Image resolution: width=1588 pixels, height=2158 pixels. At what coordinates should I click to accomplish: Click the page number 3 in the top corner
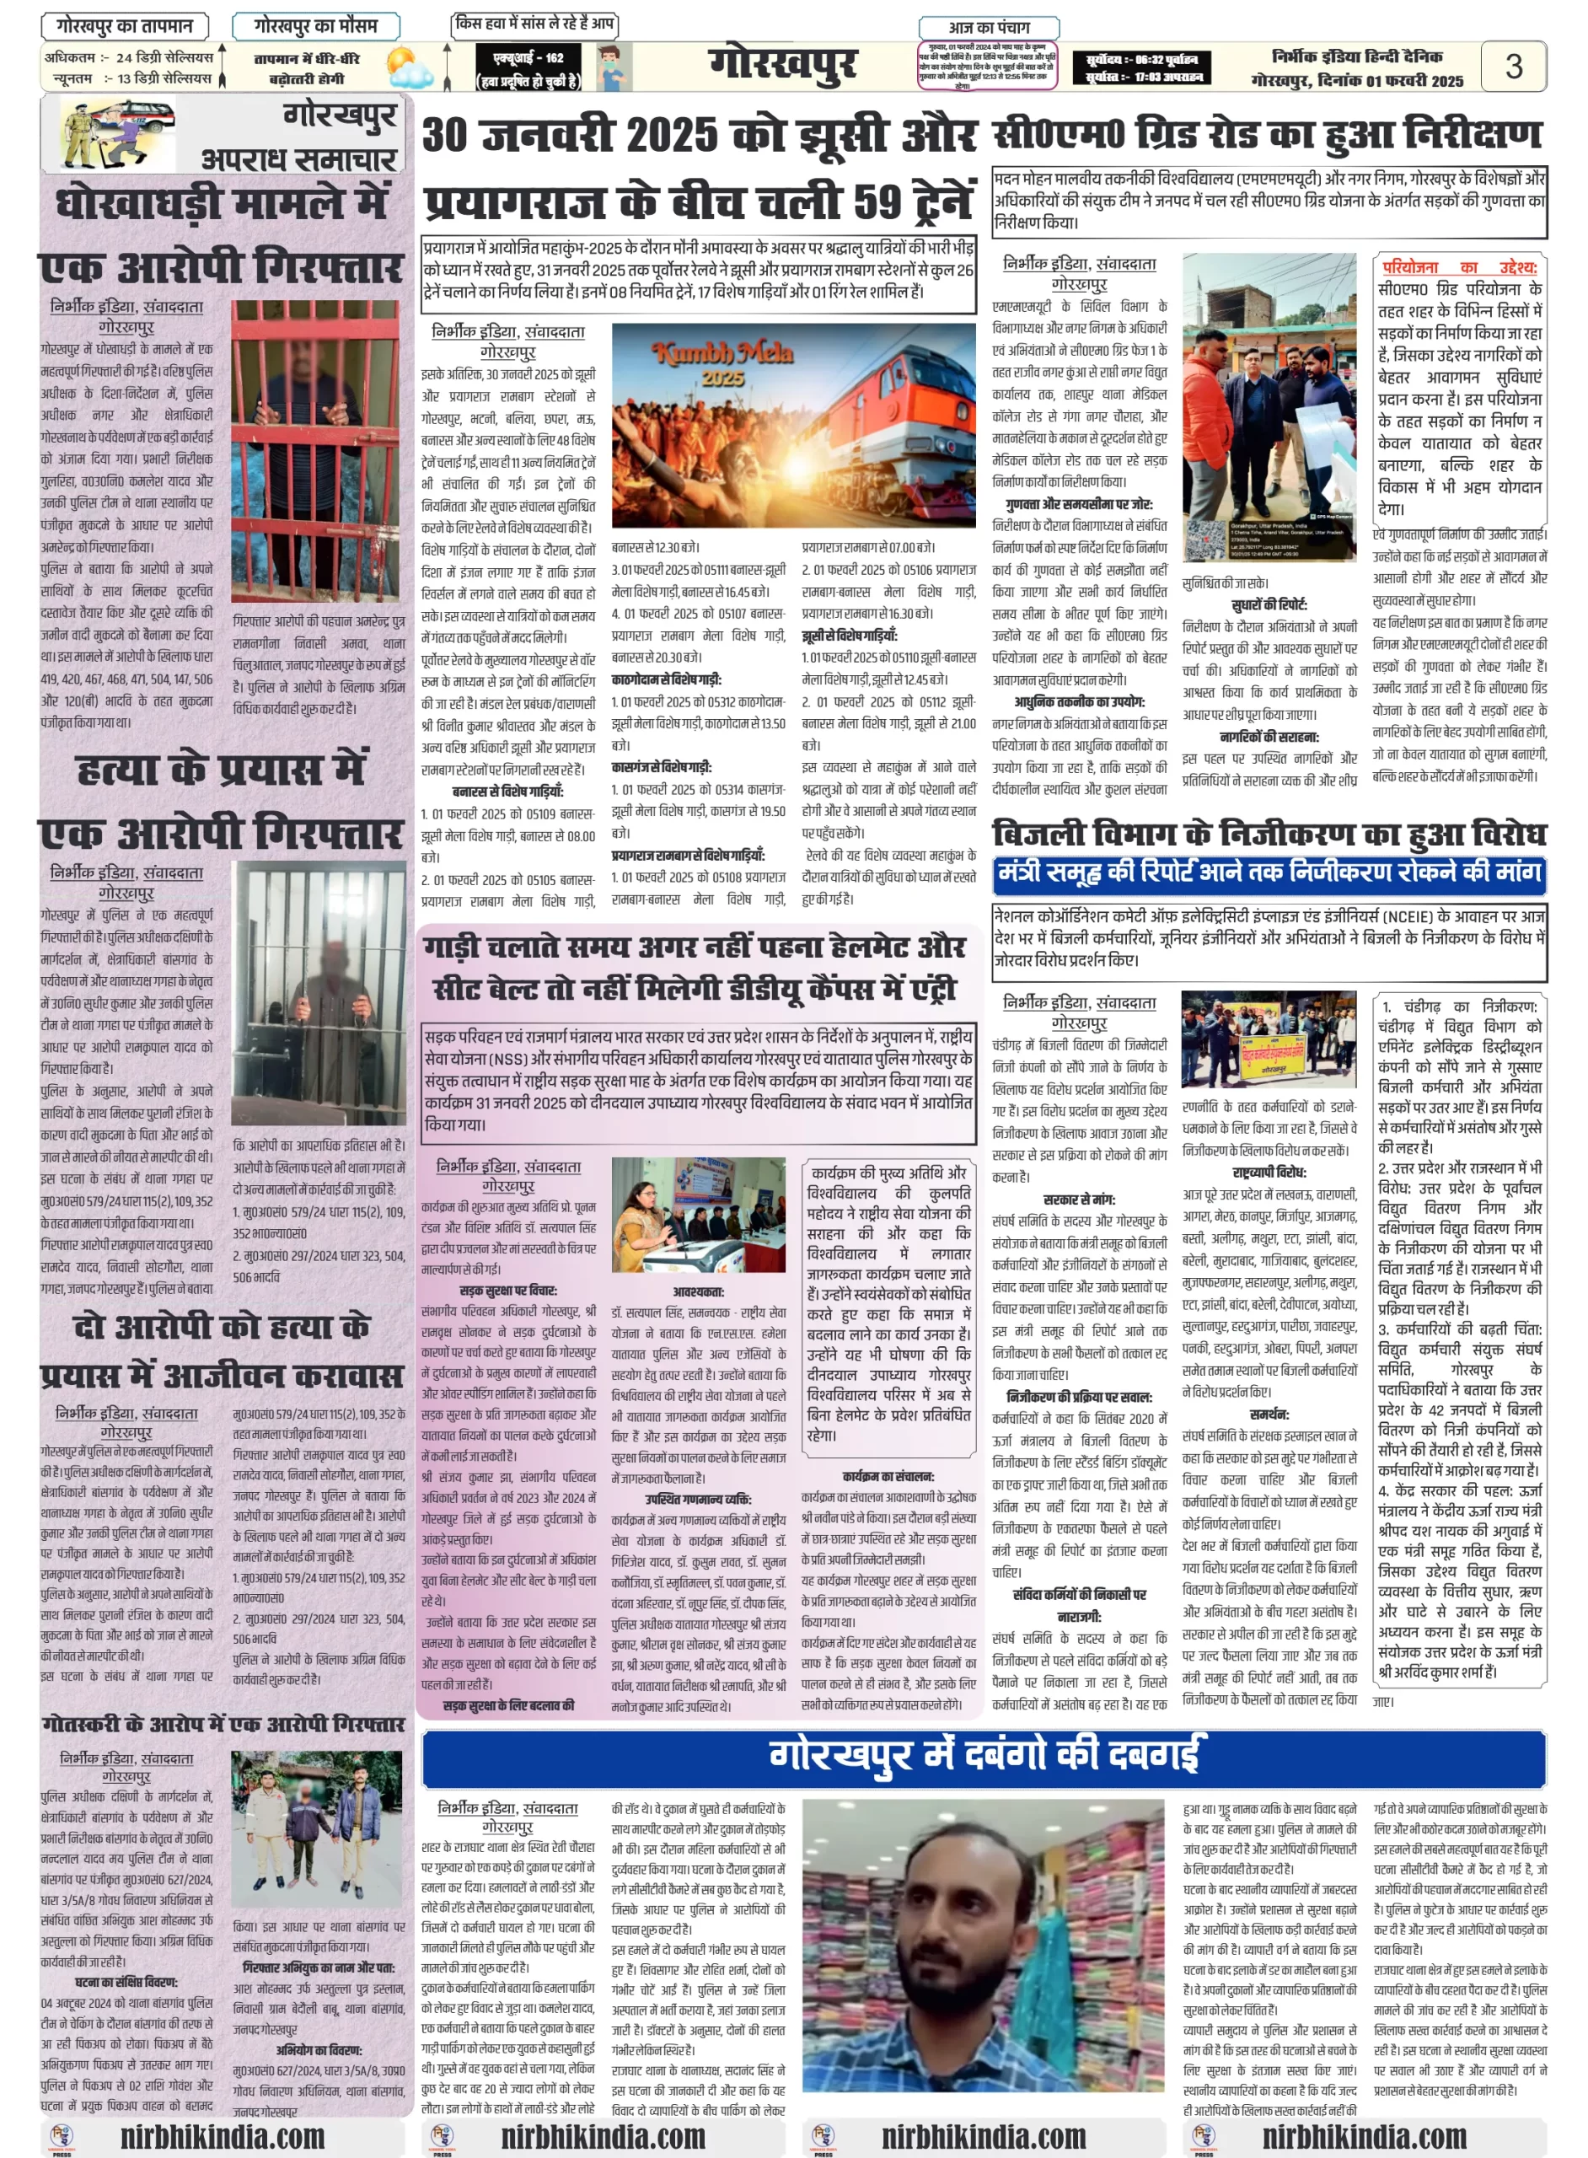click(1512, 66)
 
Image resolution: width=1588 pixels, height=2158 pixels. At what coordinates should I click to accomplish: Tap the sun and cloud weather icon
click(410, 68)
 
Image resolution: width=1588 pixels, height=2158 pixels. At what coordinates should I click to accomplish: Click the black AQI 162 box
click(528, 67)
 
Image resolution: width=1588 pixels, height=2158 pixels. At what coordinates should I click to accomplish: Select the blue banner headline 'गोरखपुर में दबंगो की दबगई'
click(984, 1754)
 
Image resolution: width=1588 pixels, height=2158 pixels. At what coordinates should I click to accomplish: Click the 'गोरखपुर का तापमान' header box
click(125, 26)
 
